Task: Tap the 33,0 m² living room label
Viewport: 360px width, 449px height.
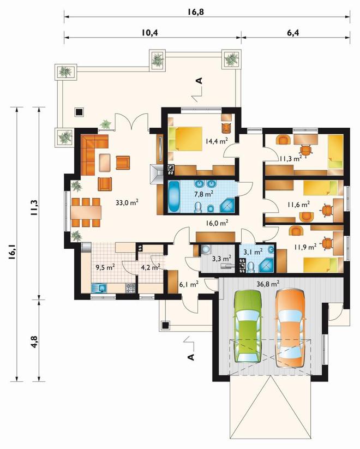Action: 127,203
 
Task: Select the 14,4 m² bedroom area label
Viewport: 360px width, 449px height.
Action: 217,141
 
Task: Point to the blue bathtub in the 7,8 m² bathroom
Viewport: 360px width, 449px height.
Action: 174,196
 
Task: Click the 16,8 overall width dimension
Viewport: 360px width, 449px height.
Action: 196,12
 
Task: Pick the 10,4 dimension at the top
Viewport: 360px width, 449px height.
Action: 149,33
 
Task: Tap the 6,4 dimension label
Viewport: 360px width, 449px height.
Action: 293,33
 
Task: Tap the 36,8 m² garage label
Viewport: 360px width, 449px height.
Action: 268,284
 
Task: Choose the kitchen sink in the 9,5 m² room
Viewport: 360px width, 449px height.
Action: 99,288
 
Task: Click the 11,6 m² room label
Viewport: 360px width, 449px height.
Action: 298,205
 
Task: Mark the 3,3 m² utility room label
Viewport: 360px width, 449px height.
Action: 221,259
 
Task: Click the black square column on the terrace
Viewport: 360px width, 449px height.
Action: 79,112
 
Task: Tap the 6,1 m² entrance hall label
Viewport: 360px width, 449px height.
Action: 189,284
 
